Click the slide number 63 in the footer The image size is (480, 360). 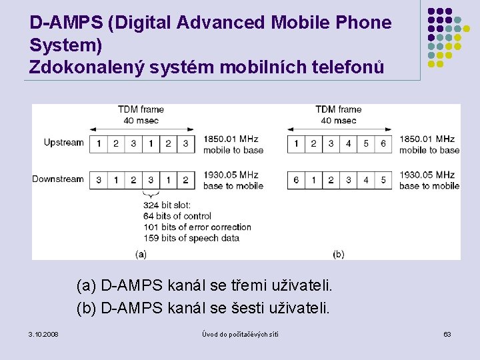click(447, 333)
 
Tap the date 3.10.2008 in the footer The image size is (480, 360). click(43, 333)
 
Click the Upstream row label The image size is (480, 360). click(63, 143)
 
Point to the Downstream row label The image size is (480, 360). click(58, 179)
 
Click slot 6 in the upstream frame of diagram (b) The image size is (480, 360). click(383, 143)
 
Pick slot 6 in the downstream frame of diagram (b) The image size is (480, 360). click(297, 180)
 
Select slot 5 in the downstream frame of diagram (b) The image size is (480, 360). click(383, 180)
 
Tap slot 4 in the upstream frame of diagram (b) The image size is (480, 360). click(349, 143)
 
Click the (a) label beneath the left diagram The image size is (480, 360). click(141, 253)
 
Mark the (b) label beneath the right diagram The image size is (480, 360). click(338, 253)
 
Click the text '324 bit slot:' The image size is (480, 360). click(167, 205)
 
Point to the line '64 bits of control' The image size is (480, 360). click(177, 216)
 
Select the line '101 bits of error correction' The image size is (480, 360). click(197, 227)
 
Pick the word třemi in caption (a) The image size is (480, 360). click(249, 287)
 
